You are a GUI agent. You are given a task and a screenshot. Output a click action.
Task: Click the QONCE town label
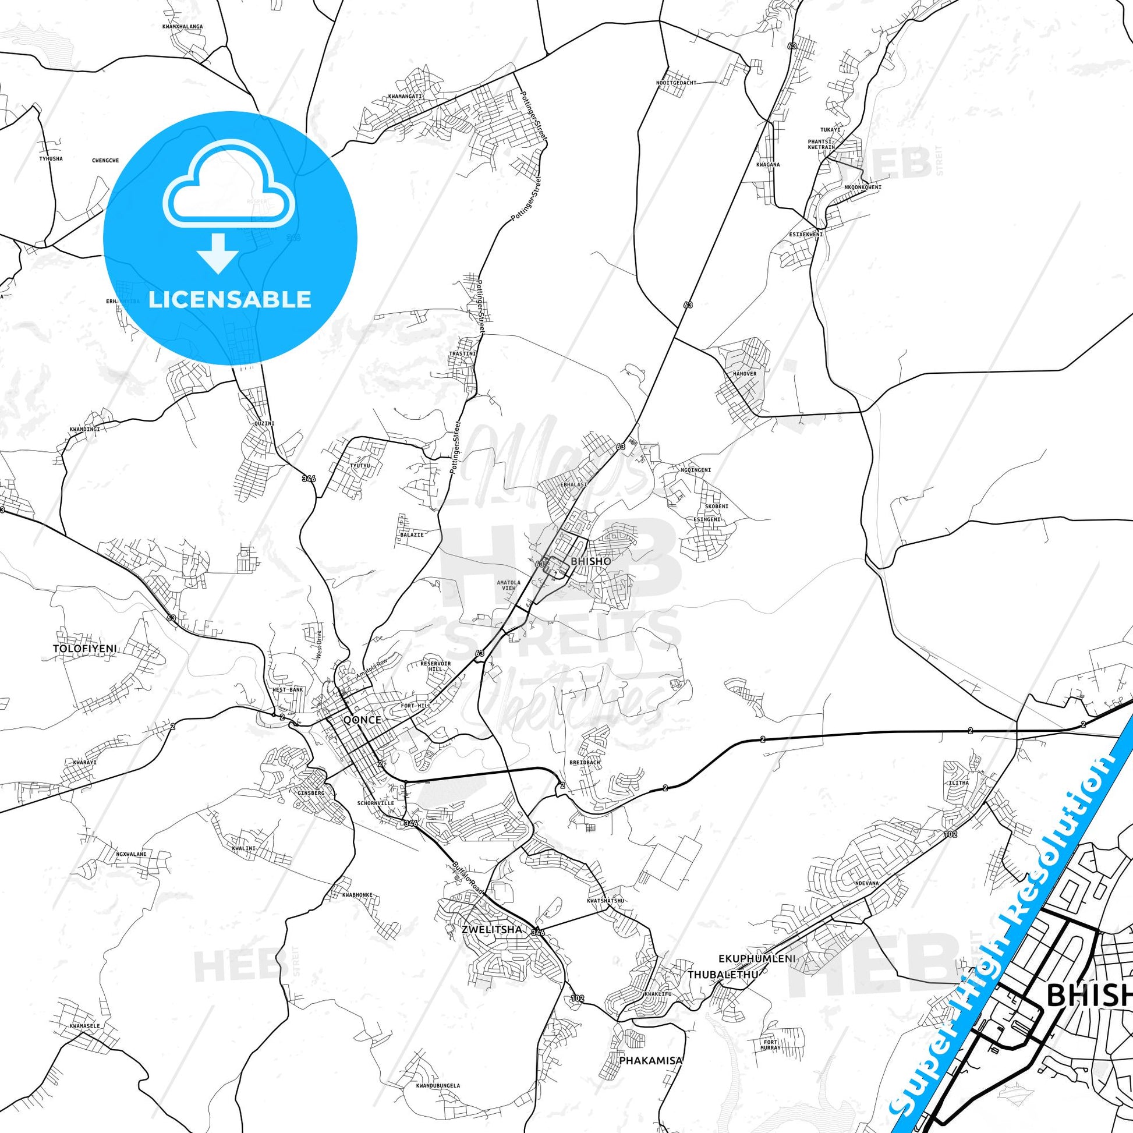[362, 720]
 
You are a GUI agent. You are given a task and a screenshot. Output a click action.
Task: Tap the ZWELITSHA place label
[484, 930]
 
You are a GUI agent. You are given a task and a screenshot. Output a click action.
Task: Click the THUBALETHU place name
[723, 975]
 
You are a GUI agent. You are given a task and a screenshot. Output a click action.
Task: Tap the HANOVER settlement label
[744, 374]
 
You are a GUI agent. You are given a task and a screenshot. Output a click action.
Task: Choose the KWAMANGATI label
[405, 96]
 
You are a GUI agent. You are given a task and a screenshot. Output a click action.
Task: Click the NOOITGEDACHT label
[676, 83]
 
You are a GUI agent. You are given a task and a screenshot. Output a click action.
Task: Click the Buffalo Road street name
[469, 878]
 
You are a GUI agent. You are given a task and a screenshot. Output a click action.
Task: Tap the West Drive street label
[320, 646]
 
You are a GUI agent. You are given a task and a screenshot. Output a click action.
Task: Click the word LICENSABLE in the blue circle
[230, 300]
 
